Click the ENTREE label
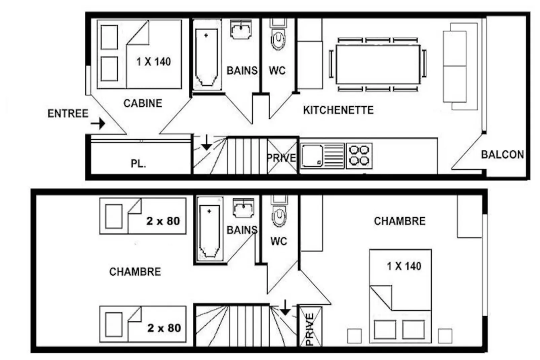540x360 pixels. click(x=68, y=113)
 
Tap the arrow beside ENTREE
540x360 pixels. click(x=98, y=124)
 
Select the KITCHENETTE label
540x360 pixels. click(x=338, y=110)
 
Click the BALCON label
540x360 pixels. click(x=503, y=154)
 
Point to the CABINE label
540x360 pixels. click(x=143, y=103)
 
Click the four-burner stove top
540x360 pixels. click(x=359, y=156)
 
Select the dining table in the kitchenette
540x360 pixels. click(x=378, y=64)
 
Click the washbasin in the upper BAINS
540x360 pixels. click(x=241, y=29)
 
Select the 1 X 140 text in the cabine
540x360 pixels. click(x=154, y=62)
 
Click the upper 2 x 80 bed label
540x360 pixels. click(x=163, y=221)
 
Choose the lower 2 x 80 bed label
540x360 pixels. click(x=164, y=328)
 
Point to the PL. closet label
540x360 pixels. click(x=139, y=164)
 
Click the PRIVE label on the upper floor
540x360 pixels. click(x=281, y=158)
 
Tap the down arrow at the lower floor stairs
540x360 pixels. click(x=285, y=308)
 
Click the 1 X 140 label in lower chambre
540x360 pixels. click(x=404, y=266)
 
